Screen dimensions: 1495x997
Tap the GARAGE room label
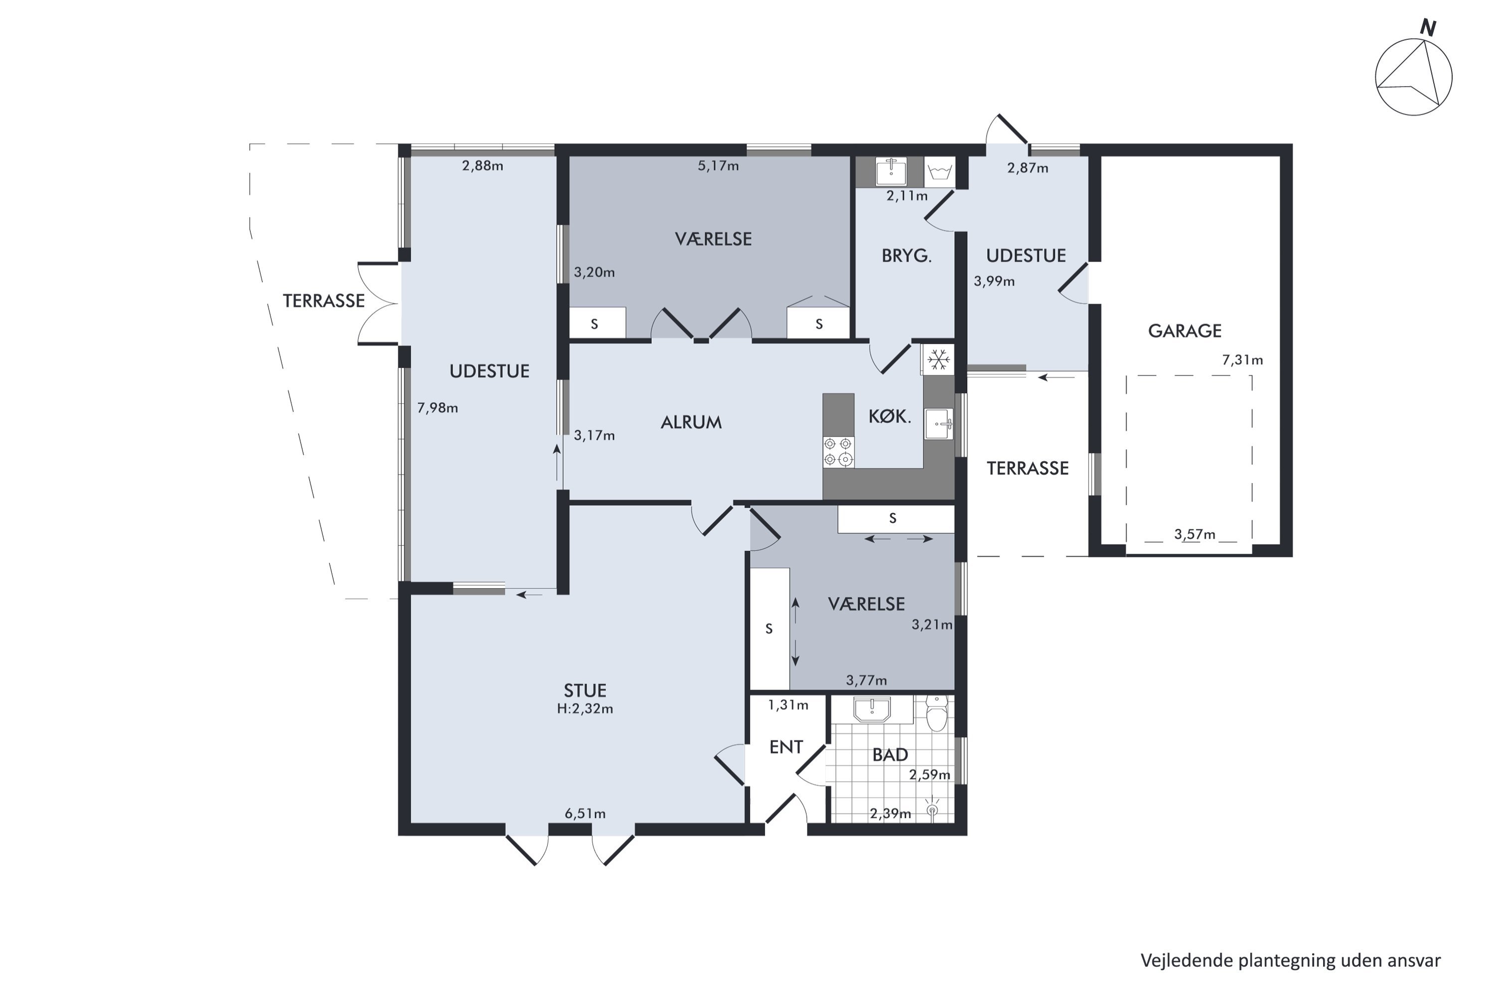pyautogui.click(x=1185, y=331)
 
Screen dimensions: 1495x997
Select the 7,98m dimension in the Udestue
pyautogui.click(x=438, y=408)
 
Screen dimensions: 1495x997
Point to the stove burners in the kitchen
pyautogui.click(x=838, y=452)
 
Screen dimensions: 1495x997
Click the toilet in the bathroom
pyautogui.click(x=936, y=713)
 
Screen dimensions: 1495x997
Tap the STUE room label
pyautogui.click(x=585, y=690)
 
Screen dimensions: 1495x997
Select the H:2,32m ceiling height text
pyautogui.click(x=585, y=708)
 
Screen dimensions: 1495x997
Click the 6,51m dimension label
pyautogui.click(x=585, y=813)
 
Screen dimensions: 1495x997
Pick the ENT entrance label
pyautogui.click(x=786, y=747)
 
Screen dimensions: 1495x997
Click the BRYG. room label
pyautogui.click(x=906, y=256)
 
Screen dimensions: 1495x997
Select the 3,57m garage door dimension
pyautogui.click(x=1195, y=534)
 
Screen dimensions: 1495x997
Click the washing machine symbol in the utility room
pyautogui.click(x=939, y=171)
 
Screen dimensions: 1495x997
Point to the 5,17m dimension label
pyautogui.click(x=718, y=166)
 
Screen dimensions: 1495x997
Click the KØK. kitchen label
pyautogui.click(x=890, y=416)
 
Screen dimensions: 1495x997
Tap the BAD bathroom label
pyautogui.click(x=890, y=755)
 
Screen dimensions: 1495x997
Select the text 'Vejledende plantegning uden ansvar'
pyautogui.click(x=1290, y=960)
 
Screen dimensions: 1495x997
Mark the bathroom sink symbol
pyautogui.click(x=873, y=709)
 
